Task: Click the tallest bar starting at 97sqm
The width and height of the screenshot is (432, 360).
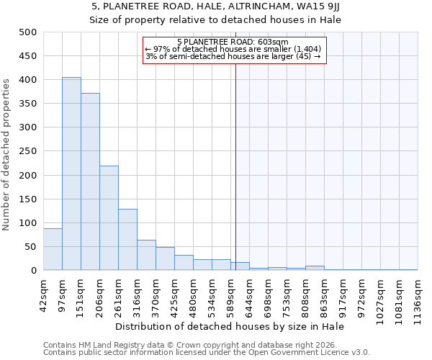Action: [71, 174]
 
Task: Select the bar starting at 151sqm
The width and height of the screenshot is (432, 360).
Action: [90, 181]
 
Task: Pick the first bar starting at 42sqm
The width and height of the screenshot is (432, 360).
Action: [53, 249]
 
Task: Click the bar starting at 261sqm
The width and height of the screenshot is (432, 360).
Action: [127, 240]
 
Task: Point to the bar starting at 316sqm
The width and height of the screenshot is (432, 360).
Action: [146, 255]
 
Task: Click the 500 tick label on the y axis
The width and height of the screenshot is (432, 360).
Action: [27, 32]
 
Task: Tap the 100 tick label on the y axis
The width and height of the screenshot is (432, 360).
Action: [27, 223]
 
